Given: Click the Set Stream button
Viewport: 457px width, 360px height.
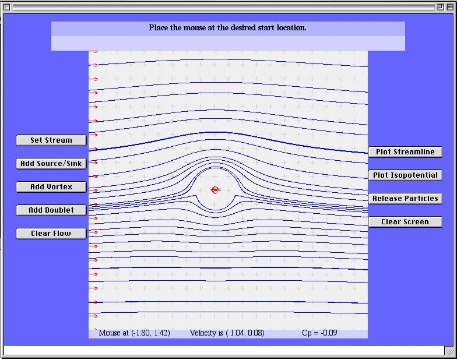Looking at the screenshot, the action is (51, 140).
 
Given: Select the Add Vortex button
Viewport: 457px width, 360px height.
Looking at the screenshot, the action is (51, 186).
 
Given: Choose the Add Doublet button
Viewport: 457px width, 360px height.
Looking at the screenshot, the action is (51, 210).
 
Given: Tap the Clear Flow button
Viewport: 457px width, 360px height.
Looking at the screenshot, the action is (51, 233).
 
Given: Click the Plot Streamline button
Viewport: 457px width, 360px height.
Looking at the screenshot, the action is (405, 151).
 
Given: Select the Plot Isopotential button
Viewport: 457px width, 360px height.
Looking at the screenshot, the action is (405, 175).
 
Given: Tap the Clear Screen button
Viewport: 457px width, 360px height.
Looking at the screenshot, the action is (405, 221).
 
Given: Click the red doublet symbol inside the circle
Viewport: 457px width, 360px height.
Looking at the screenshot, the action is (216, 190).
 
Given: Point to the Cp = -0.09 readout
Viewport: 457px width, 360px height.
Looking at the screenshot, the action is (319, 333).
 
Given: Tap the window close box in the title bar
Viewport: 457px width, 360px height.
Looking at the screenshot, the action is (7, 7).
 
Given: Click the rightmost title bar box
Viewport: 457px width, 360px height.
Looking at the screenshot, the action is (450, 7).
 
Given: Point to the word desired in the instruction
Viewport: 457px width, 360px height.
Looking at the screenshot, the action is (244, 28).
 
